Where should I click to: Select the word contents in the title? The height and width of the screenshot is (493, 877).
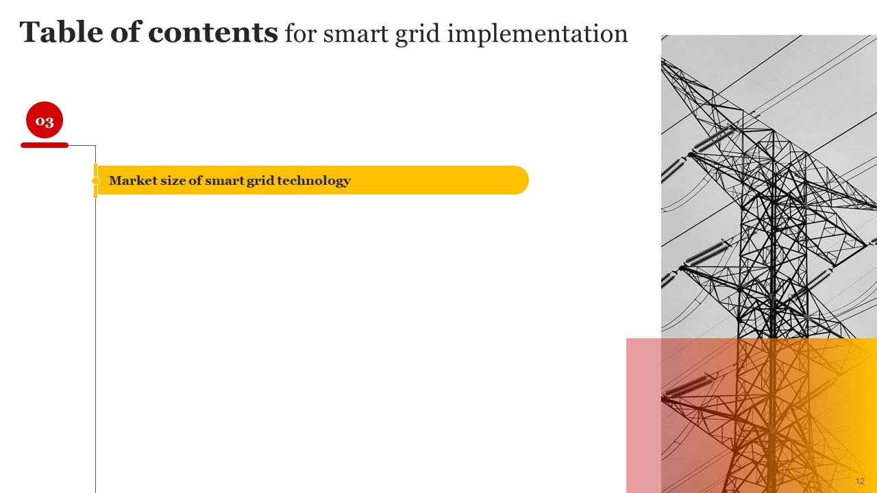pos(212,32)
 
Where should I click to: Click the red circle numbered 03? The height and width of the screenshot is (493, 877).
pos(45,121)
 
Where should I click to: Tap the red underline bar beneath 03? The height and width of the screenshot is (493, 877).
pos(45,145)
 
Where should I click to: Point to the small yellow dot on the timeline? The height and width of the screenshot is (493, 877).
pos(96,181)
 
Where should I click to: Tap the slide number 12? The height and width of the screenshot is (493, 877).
pos(860,481)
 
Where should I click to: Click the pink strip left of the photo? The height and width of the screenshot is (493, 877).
pos(643,415)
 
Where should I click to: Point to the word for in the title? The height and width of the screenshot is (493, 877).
pos(300,34)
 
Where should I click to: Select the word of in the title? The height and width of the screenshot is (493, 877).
pos(125,32)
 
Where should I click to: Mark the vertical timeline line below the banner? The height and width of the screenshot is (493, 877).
pos(96,342)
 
